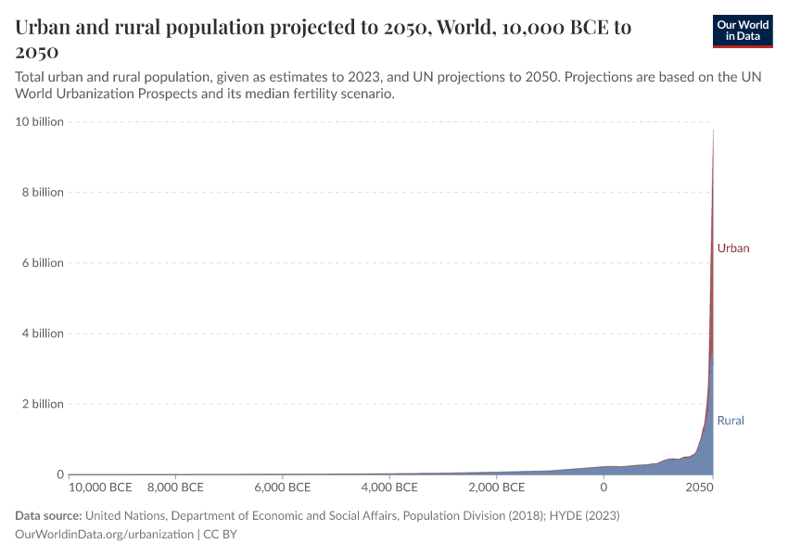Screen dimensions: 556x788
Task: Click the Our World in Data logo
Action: (x=742, y=31)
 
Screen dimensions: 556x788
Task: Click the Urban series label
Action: (x=732, y=248)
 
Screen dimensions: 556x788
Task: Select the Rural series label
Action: (x=731, y=421)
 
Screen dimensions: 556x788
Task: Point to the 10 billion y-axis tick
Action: (x=39, y=121)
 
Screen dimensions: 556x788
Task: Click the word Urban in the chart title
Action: (x=45, y=28)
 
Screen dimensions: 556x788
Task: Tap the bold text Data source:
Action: (x=49, y=515)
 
